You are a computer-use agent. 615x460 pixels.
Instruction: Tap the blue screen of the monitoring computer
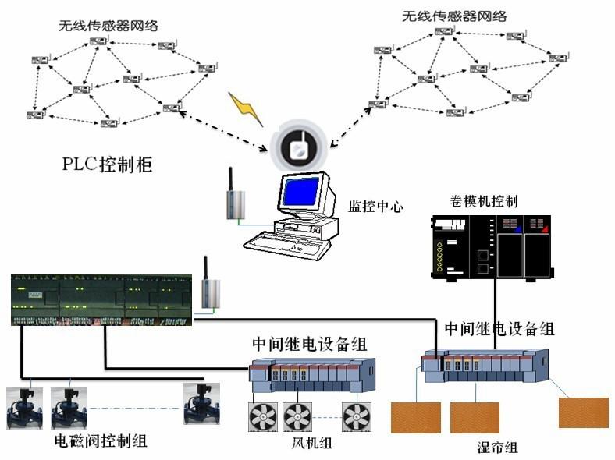point(300,191)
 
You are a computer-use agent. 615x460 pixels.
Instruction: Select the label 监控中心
point(375,208)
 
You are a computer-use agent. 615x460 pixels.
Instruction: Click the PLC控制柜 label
point(108,165)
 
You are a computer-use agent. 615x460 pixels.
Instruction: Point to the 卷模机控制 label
point(484,201)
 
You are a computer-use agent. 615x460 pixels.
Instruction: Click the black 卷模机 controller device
point(492,247)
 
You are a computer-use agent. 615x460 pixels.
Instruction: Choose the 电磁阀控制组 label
point(101,441)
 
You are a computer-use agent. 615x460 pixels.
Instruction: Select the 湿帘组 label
point(497,448)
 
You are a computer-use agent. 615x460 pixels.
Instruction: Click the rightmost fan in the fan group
point(357,416)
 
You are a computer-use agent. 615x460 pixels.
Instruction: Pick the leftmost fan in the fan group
point(263,416)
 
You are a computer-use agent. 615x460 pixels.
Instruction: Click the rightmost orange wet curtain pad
point(583,412)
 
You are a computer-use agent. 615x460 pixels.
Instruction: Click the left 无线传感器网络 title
point(108,26)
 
